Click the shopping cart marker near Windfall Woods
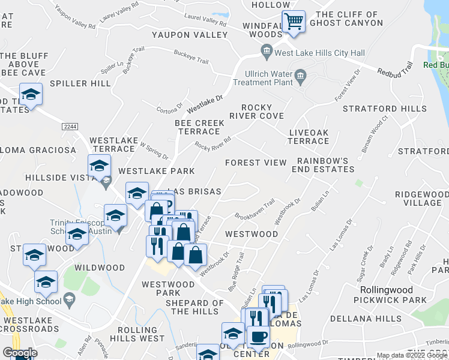(294, 22)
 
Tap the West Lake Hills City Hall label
(319, 53)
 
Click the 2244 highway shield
(70, 126)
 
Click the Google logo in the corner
(20, 353)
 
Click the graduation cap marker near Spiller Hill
(31, 95)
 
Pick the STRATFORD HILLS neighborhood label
(384, 109)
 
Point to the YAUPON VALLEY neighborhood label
(190, 35)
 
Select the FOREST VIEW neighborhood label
(256, 163)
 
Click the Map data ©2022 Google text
(412, 355)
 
